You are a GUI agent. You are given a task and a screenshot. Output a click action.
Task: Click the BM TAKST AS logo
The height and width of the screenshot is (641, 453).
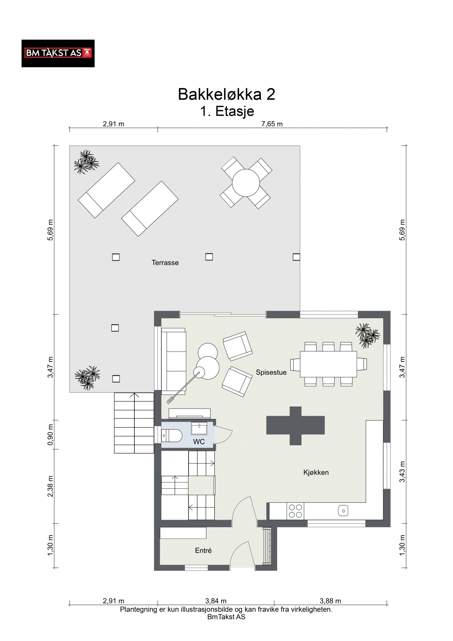pos(58,53)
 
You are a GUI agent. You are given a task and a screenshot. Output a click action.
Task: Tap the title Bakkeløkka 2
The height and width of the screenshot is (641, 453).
pos(226,94)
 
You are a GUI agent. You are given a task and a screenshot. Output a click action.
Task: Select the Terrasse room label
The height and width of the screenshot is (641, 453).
pos(165,263)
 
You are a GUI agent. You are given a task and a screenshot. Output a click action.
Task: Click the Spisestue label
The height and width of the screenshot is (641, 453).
pos(271,372)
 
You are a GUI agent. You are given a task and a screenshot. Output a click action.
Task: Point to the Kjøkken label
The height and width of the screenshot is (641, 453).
pos(316,473)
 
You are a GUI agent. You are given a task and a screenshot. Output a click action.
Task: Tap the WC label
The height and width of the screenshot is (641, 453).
pos(199,442)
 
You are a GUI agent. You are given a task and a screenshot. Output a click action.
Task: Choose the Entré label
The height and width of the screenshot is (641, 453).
pos(203,551)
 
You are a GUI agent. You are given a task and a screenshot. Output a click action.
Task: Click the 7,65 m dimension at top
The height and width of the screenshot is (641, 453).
pos(272,124)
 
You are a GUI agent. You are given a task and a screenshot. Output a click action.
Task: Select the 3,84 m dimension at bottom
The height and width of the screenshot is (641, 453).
pos(216,601)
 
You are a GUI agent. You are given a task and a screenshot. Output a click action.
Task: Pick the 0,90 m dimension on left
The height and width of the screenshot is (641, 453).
pos(51,435)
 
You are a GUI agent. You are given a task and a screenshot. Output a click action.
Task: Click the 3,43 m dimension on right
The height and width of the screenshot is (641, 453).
pos(402,472)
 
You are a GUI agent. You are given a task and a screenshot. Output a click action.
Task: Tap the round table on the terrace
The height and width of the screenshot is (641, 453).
pos(246,183)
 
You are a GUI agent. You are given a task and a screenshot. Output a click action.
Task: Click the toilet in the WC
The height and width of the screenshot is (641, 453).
pos(172,435)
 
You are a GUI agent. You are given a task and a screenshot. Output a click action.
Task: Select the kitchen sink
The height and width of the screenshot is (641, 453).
pos(343,511)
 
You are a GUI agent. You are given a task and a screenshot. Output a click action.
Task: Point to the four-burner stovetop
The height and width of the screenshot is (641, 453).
pos(295,511)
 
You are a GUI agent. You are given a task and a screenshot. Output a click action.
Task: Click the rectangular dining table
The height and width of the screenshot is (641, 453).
pos(328,364)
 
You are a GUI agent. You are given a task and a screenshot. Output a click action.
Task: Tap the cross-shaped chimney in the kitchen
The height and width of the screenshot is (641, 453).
pos(295,426)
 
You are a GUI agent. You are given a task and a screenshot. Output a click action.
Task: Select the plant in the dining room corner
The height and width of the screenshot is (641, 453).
pos(367,336)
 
